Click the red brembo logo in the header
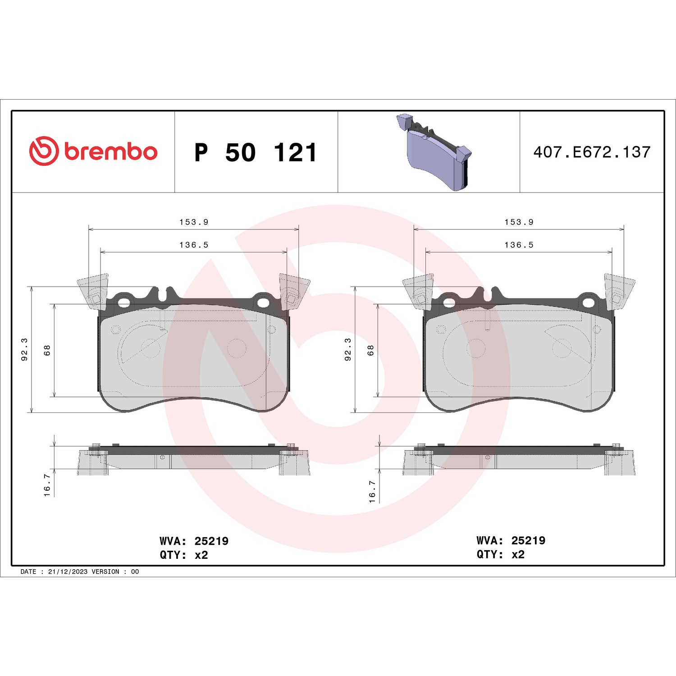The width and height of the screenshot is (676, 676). [93, 151]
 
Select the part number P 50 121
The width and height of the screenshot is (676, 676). [256, 152]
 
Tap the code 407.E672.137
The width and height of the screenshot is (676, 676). [592, 152]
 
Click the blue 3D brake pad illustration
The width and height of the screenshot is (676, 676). [434, 152]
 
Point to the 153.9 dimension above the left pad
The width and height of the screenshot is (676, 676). [194, 222]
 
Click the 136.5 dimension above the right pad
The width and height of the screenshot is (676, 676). [519, 245]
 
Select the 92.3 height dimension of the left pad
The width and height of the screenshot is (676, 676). [25, 349]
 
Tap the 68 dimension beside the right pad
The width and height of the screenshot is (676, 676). [370, 350]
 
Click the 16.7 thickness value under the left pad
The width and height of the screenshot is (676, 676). [47, 485]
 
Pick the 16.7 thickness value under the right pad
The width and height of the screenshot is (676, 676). [372, 491]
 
